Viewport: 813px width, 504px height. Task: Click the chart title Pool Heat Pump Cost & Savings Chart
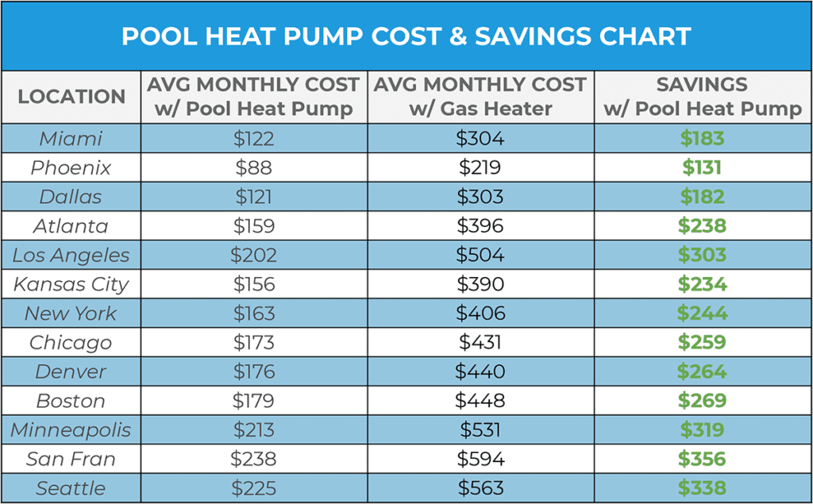(406, 37)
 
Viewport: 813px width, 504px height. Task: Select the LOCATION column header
(71, 97)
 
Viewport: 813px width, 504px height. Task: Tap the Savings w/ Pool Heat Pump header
(703, 97)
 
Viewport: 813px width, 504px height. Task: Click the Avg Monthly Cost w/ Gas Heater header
(480, 97)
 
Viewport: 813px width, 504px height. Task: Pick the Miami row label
(71, 139)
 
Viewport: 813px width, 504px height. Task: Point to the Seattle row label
(71, 489)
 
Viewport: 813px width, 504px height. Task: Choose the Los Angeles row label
(71, 256)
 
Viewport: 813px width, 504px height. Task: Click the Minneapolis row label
(71, 430)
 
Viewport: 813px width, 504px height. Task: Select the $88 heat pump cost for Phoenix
(254, 168)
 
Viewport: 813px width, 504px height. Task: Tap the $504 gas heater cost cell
(480, 256)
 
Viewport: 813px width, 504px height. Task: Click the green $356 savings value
(703, 460)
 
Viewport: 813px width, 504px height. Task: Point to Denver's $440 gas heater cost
(480, 372)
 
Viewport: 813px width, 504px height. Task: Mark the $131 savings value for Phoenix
(703, 168)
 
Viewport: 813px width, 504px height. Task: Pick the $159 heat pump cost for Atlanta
(254, 226)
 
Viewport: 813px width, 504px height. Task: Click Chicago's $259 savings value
(703, 343)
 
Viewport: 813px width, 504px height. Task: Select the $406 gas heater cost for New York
(480, 314)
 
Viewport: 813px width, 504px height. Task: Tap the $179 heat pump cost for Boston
(254, 401)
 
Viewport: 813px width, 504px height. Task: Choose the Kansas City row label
(71, 284)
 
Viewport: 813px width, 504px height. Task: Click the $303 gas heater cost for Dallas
(480, 197)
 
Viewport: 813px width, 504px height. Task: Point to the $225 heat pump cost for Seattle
(254, 489)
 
